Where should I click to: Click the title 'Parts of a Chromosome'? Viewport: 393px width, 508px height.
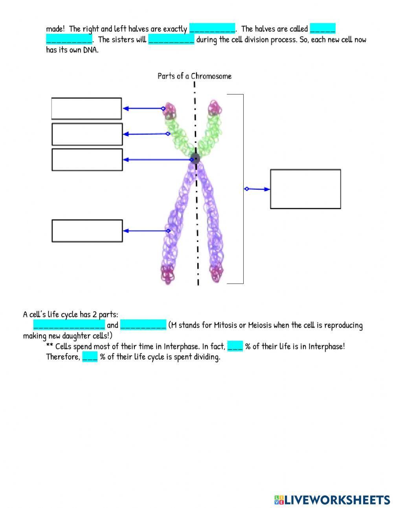pos(194,76)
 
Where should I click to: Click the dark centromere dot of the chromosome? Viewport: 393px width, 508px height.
pos(195,159)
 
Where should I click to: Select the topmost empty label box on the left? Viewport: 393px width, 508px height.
pos(86,109)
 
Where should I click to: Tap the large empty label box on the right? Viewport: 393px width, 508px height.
pos(305,189)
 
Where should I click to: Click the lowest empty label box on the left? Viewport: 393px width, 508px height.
pos(87,231)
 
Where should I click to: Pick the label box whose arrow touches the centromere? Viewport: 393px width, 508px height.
pos(87,160)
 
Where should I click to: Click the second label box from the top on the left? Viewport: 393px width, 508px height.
pos(87,134)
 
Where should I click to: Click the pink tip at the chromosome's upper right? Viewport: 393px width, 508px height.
pos(214,108)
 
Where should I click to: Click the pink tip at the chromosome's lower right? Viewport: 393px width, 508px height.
pos(217,273)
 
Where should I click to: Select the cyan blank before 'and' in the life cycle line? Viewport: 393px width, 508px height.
pos(69,325)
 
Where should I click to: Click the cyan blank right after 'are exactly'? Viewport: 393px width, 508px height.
pos(212,29)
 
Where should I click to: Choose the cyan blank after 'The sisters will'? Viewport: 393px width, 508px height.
pos(171,39)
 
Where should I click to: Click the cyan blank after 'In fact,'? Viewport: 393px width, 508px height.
pos(235,346)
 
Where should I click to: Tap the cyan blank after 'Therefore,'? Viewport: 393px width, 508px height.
pos(90,357)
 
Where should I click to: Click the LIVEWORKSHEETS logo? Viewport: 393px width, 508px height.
pos(332,500)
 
